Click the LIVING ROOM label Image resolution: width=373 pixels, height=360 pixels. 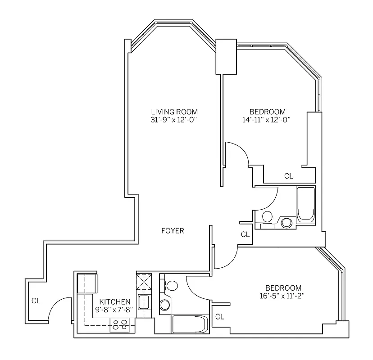tap(174, 112)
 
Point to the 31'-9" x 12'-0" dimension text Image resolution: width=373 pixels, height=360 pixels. tap(174, 120)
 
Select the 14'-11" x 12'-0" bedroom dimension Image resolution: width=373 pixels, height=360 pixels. tap(267, 120)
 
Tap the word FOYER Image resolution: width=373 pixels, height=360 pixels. tap(173, 231)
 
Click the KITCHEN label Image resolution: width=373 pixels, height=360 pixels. tap(115, 301)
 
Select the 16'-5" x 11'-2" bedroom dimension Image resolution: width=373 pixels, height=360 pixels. tap(283, 296)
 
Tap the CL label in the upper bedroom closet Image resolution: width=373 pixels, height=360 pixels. tap(288, 176)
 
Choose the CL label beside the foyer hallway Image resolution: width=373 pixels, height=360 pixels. tap(245, 234)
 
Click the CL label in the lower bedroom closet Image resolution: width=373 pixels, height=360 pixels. tap(219, 317)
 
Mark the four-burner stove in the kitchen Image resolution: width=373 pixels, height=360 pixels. tap(119, 324)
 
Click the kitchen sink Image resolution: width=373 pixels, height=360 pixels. tap(143, 301)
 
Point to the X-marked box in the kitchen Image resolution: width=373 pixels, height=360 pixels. tap(144, 283)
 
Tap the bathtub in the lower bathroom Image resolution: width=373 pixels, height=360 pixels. tap(189, 324)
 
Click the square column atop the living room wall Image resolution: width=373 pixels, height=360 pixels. tap(226, 56)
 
